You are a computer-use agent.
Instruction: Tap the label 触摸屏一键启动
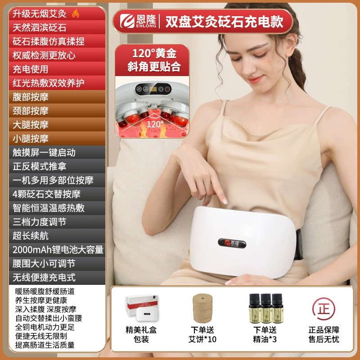click(x=44, y=153)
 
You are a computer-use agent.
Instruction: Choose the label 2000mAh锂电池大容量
click(x=58, y=249)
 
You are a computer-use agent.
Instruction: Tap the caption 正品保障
click(x=324, y=330)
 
